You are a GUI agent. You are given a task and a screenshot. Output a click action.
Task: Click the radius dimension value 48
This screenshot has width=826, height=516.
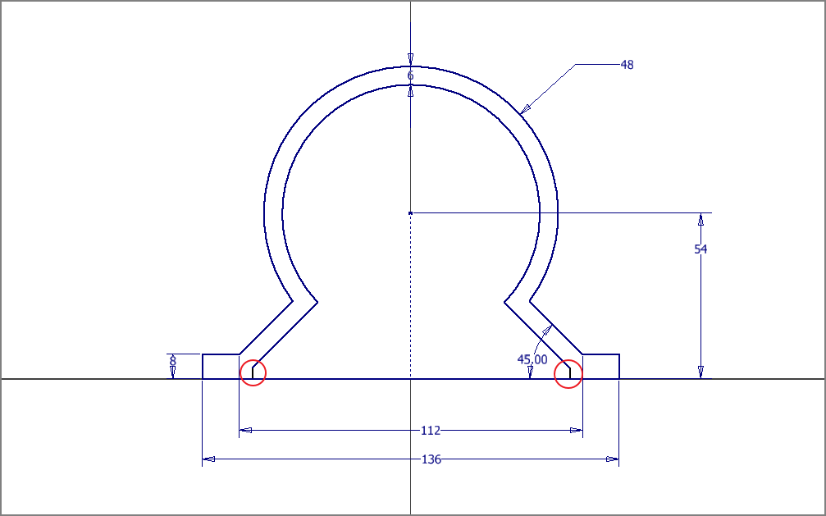(x=627, y=65)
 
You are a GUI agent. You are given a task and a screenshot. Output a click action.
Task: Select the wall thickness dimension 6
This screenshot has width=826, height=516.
(x=410, y=76)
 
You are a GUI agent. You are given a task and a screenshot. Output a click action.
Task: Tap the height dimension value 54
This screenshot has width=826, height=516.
(x=701, y=249)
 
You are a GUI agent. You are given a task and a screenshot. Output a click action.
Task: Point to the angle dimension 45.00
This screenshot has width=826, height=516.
(x=532, y=359)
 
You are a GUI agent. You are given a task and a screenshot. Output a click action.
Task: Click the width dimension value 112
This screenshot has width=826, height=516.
(x=431, y=431)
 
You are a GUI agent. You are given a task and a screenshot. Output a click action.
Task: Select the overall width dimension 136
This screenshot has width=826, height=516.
(x=431, y=459)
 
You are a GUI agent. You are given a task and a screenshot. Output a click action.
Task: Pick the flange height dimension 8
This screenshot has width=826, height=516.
(x=172, y=362)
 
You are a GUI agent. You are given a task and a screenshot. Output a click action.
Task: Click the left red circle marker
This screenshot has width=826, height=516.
(x=253, y=372)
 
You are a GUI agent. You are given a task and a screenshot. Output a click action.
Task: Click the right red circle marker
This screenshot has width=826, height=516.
(x=568, y=374)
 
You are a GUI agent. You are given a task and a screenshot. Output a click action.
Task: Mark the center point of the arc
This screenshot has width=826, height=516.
(x=410, y=213)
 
